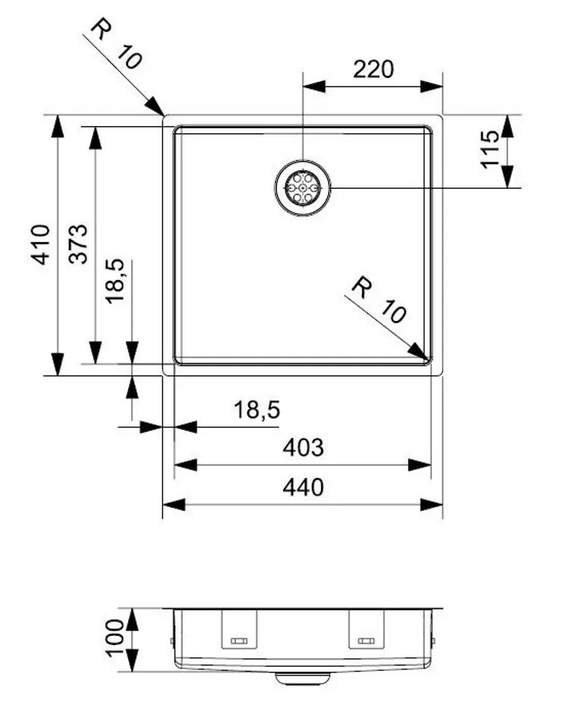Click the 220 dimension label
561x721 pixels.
[x=373, y=69]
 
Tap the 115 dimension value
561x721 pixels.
[x=491, y=149]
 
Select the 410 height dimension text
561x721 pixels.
[x=40, y=244]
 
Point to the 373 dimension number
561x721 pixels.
[x=77, y=244]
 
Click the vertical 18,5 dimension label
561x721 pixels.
[x=115, y=281]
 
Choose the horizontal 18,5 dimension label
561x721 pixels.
[x=257, y=410]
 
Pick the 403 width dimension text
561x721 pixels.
[x=303, y=448]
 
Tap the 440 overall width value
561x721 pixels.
[x=303, y=486]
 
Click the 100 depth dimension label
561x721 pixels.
[x=114, y=638]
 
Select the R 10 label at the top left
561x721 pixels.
[x=115, y=45]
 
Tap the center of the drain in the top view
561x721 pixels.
[x=302, y=187]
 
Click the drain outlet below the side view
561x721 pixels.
[x=303, y=678]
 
